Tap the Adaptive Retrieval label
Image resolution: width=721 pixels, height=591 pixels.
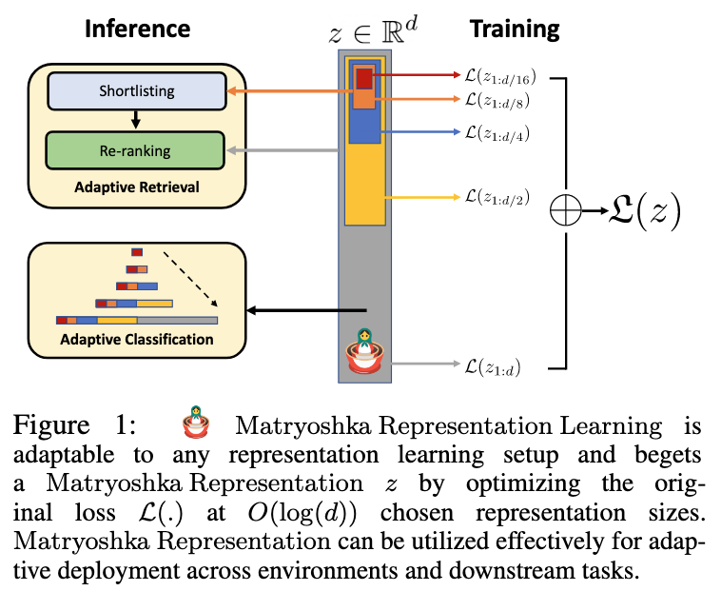pyautogui.click(x=137, y=187)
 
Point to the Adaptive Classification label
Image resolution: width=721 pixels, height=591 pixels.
pyautogui.click(x=136, y=339)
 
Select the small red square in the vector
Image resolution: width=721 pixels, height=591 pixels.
pyautogui.click(x=364, y=79)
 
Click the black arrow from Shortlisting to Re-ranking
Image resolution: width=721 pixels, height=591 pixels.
pyautogui.click(x=135, y=119)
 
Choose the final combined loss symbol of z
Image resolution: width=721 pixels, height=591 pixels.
pyautogui.click(x=645, y=212)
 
